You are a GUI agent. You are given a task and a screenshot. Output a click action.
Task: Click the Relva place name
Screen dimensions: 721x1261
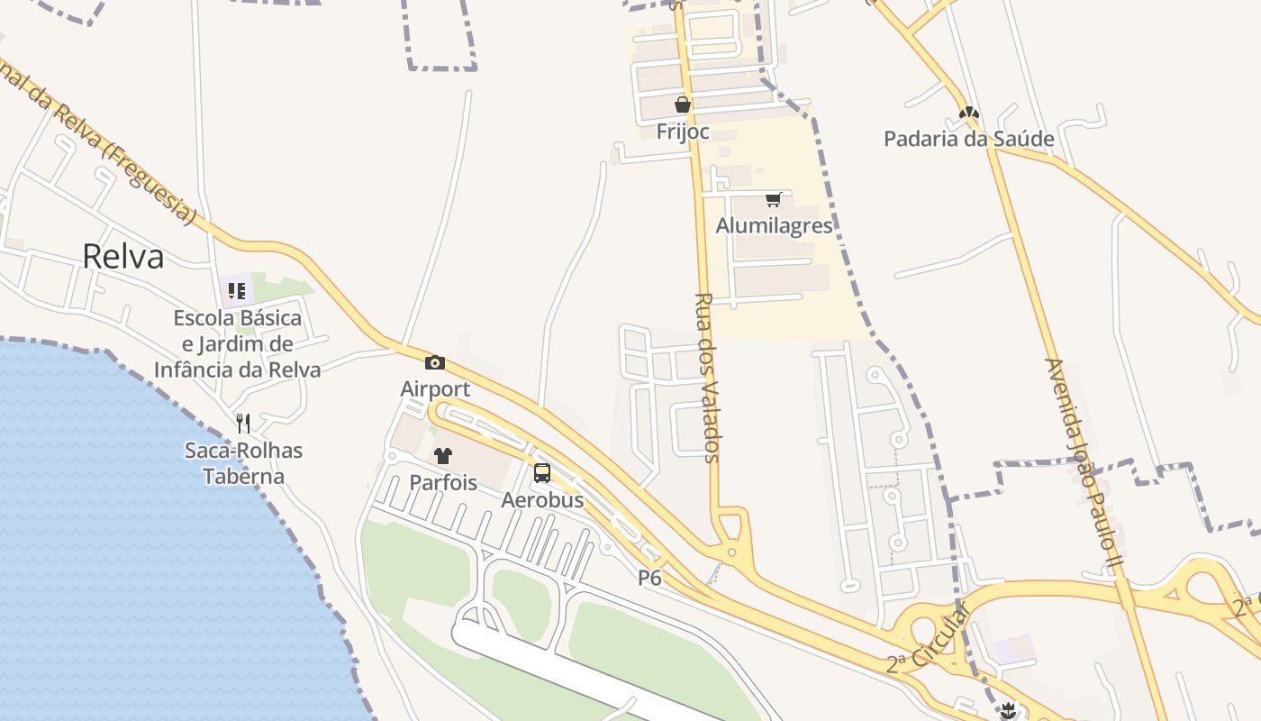click(x=123, y=257)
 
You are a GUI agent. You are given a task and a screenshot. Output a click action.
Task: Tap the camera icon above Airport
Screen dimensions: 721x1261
click(x=435, y=362)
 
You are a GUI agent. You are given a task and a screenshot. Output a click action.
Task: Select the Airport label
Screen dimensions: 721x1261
click(x=435, y=388)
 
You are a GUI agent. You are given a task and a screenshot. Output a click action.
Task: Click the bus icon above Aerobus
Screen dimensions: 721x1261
click(x=542, y=473)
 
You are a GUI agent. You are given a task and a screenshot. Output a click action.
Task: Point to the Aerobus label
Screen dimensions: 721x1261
click(x=542, y=499)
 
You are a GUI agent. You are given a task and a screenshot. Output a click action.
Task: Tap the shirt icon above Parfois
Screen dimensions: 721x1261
click(x=443, y=456)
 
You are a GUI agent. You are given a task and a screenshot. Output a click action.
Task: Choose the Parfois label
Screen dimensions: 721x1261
click(x=443, y=482)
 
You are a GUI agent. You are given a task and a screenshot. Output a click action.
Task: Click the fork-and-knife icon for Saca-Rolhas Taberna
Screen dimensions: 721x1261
click(x=243, y=423)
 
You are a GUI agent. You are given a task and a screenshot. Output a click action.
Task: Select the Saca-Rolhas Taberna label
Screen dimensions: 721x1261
click(x=243, y=463)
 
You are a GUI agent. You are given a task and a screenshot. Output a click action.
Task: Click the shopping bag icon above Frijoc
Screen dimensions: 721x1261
click(x=683, y=105)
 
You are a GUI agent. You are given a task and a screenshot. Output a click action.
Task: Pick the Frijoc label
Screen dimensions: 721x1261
click(x=683, y=132)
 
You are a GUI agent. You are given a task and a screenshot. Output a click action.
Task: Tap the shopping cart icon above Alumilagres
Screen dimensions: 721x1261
click(x=773, y=199)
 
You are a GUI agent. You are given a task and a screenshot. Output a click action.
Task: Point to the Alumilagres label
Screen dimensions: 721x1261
click(x=775, y=225)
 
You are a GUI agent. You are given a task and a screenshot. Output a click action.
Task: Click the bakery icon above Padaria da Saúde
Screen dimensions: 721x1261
click(x=969, y=114)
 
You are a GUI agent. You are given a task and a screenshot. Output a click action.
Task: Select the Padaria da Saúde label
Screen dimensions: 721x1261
click(x=968, y=139)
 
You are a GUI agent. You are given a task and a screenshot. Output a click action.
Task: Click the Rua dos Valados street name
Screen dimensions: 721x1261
click(x=708, y=378)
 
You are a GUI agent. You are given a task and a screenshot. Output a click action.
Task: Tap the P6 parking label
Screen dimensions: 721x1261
click(x=649, y=578)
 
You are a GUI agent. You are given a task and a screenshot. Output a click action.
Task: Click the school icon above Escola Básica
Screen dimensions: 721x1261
click(x=237, y=290)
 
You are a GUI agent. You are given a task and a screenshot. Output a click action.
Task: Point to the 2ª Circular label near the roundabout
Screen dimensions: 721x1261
click(x=927, y=638)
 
